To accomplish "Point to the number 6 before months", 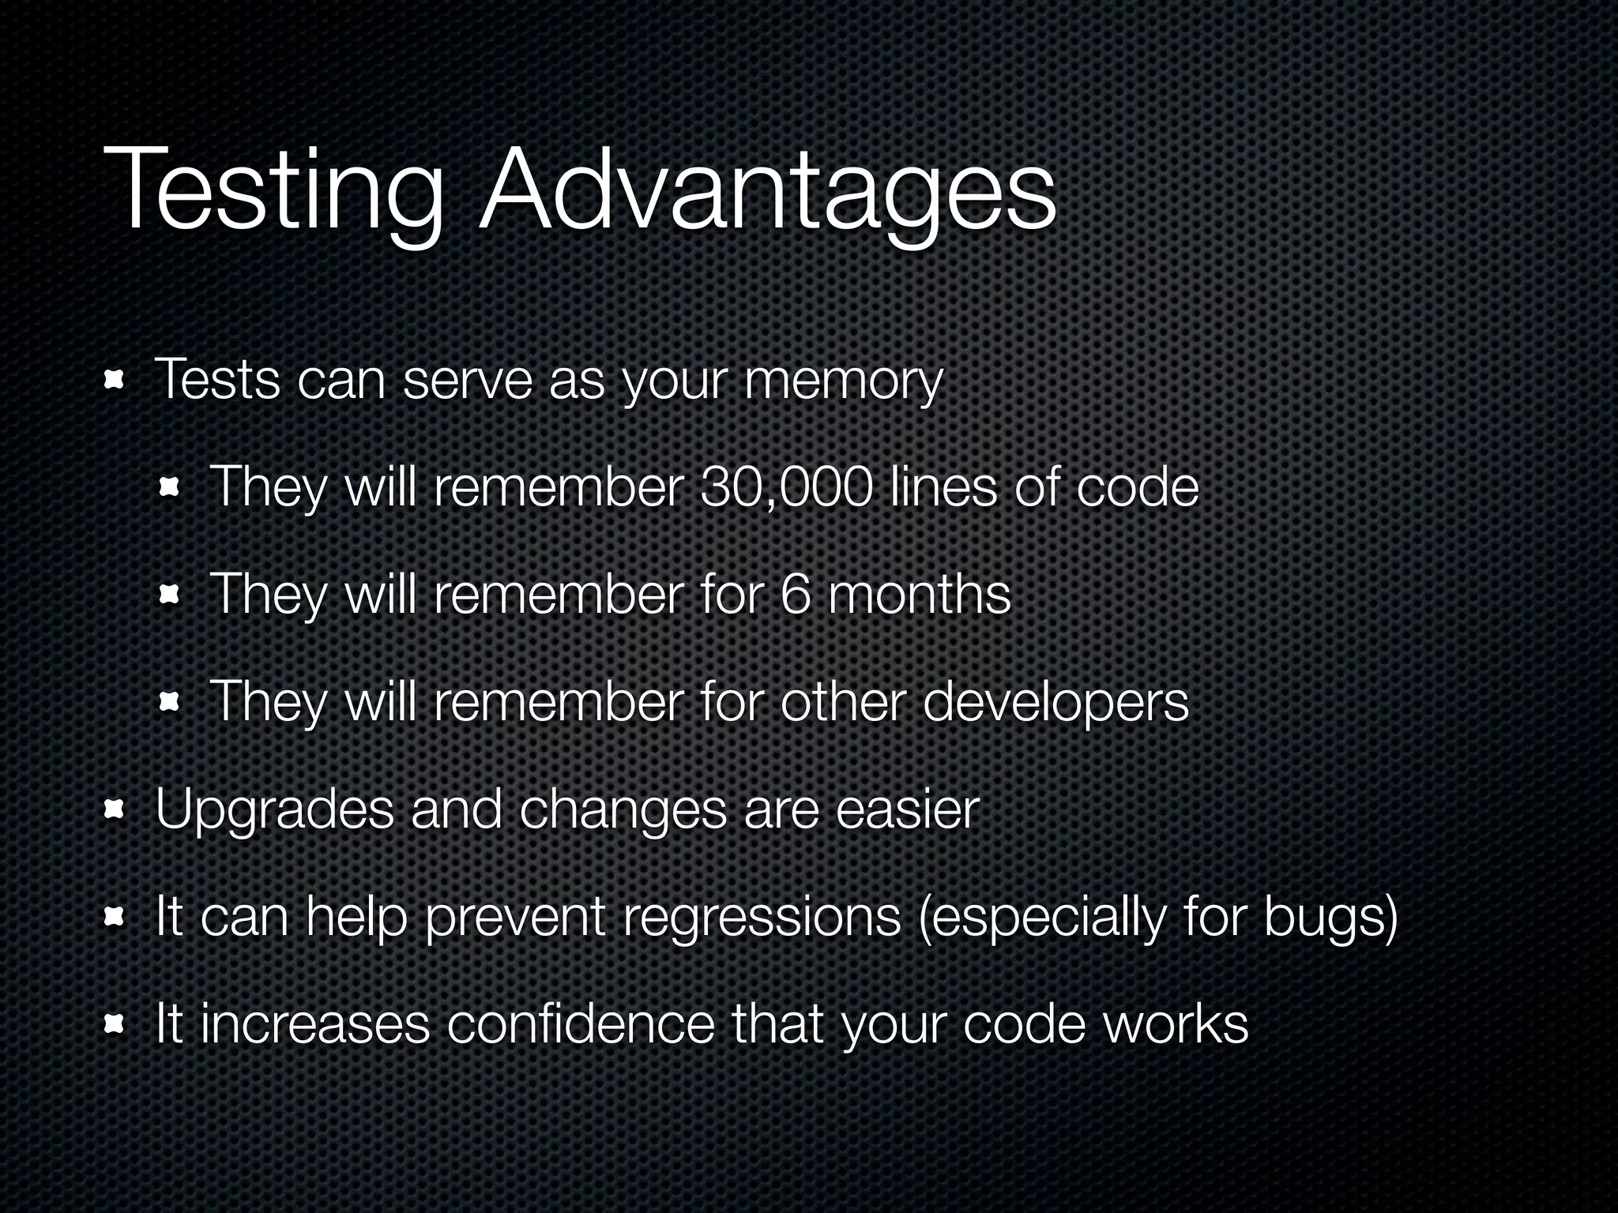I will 796,594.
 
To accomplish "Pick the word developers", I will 1055,702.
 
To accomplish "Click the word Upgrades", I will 274,811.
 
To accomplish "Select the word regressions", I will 762,918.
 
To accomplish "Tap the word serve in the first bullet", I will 467,381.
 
